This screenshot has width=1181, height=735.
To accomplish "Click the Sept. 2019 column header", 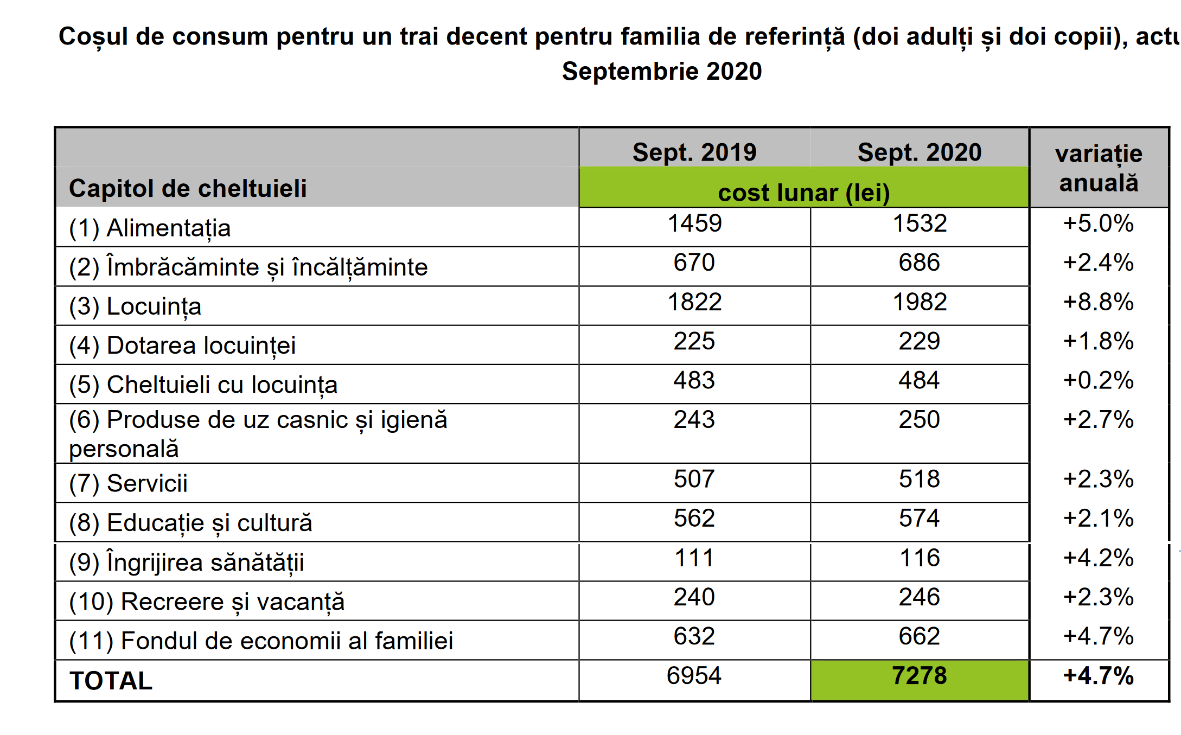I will pyautogui.click(x=694, y=152).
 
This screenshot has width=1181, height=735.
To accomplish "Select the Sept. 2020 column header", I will pyautogui.click(x=919, y=152).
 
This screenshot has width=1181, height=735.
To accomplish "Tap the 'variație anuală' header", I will pyautogui.click(x=1099, y=168).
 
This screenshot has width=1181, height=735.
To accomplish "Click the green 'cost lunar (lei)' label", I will pyautogui.click(x=803, y=193).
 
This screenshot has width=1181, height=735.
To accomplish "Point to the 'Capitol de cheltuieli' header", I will pyautogui.click(x=188, y=189).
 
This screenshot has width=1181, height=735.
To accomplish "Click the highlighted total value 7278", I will pyautogui.click(x=919, y=676).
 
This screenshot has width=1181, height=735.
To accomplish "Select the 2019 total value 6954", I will pyautogui.click(x=694, y=676).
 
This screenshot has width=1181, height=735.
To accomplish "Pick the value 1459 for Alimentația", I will pyautogui.click(x=694, y=223).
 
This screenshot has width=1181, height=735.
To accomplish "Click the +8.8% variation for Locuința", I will pyautogui.click(x=1099, y=302).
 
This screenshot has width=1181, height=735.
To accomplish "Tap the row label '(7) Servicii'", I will pyautogui.click(x=128, y=483).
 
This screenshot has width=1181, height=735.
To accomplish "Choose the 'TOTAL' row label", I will pyautogui.click(x=111, y=681).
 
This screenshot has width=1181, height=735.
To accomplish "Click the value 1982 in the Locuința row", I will pyautogui.click(x=920, y=302).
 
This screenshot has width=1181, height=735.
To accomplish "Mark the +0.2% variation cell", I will pyautogui.click(x=1099, y=381).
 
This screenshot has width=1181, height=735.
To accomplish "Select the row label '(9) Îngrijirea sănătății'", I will pyautogui.click(x=186, y=562).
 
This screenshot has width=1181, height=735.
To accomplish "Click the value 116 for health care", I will pyautogui.click(x=920, y=558).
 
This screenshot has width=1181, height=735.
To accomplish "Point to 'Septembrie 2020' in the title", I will pyautogui.click(x=662, y=72).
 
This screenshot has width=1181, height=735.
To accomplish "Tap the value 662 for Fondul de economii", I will pyautogui.click(x=919, y=636).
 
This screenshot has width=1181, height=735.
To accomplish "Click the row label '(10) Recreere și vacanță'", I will pyautogui.click(x=207, y=602).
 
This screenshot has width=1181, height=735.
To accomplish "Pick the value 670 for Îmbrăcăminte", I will pyautogui.click(x=694, y=263).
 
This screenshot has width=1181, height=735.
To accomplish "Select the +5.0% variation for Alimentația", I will pyautogui.click(x=1099, y=223).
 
